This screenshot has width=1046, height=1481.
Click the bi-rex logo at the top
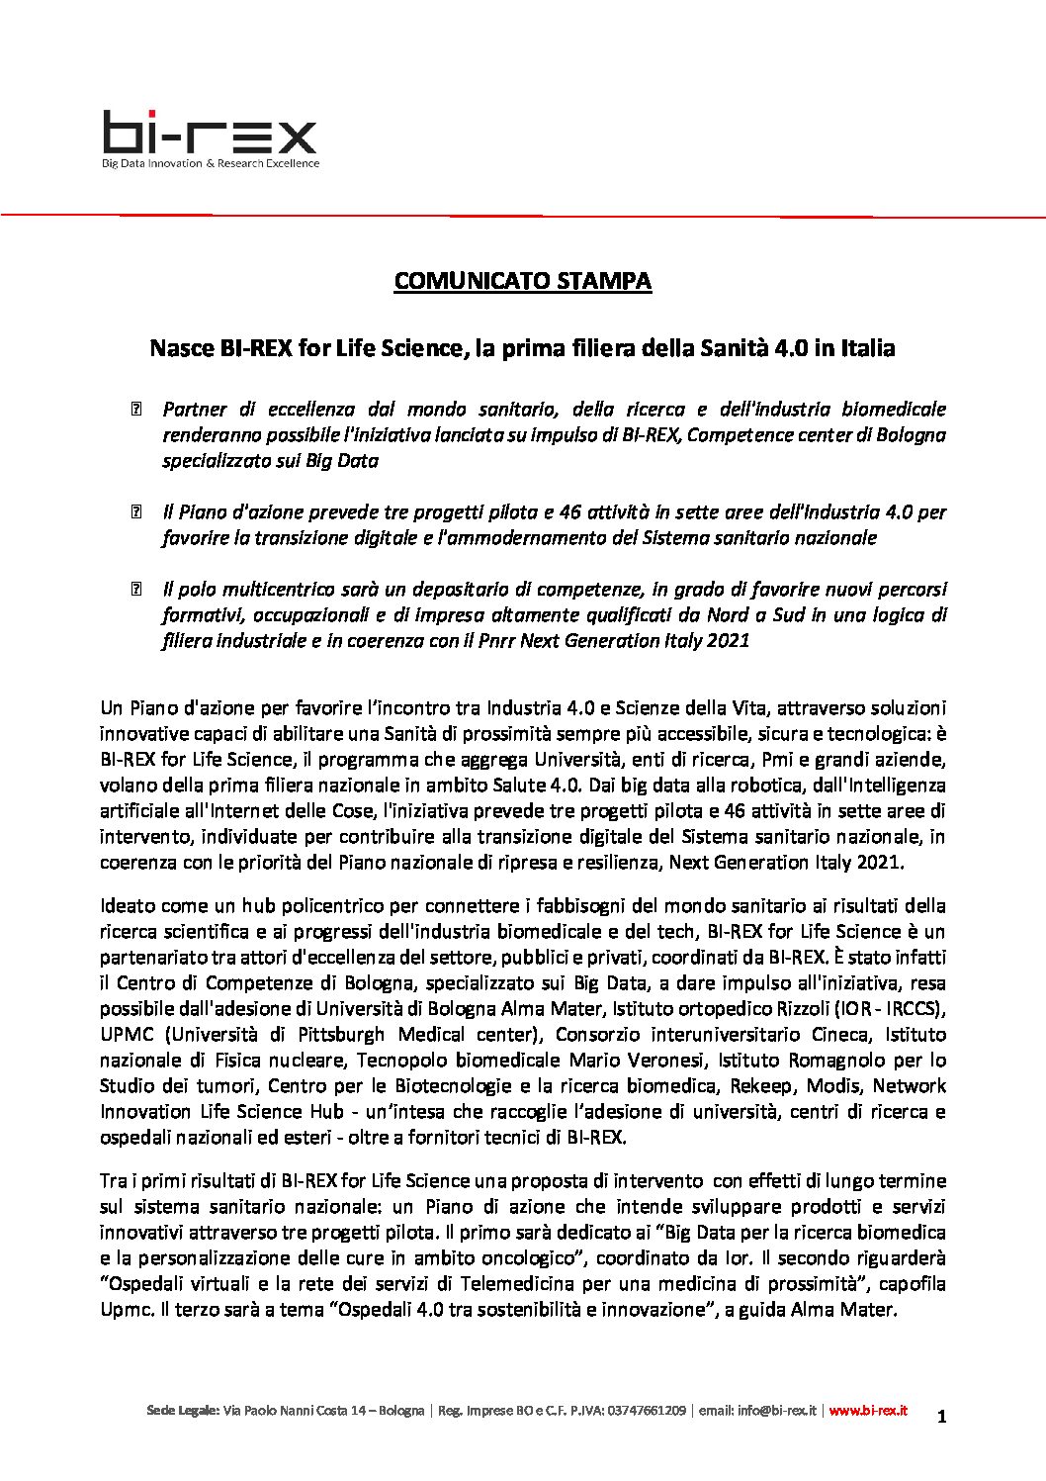pos(210,133)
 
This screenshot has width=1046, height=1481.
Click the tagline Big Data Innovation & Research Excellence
pos(211,163)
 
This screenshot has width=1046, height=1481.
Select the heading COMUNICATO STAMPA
pos(522,281)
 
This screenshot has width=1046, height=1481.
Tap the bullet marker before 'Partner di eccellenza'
pos(136,410)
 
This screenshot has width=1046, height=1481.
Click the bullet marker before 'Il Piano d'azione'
pos(136,512)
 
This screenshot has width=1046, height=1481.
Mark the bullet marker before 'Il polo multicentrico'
pos(136,590)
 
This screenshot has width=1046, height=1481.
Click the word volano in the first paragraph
pos(127,785)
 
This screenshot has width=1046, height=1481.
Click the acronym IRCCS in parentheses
pos(915,1008)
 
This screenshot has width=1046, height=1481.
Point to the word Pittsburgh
pos(341,1034)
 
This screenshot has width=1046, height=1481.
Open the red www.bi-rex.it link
pos(867,1411)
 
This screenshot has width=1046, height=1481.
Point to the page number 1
pos(942,1417)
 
